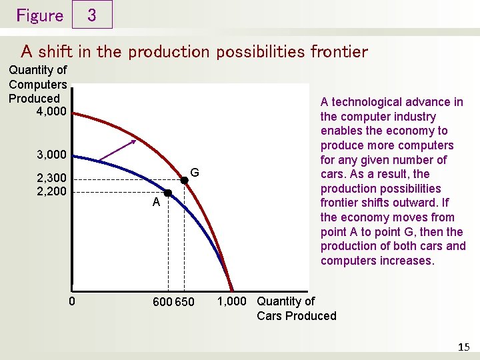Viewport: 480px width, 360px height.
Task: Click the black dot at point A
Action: tap(168, 193)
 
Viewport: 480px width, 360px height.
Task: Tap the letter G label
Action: tap(195, 173)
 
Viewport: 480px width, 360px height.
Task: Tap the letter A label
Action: tap(155, 203)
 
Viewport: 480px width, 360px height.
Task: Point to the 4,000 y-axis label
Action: tap(51, 111)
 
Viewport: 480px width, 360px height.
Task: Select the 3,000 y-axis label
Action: tap(51, 155)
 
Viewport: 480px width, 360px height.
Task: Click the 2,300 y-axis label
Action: tap(51, 179)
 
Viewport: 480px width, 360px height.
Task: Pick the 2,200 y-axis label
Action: tap(51, 191)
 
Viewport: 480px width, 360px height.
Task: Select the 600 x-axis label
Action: tap(162, 302)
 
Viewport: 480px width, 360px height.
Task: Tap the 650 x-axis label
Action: tap(185, 302)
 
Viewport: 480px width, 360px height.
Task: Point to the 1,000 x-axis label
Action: tap(232, 301)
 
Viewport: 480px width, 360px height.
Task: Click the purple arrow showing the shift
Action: tap(117, 151)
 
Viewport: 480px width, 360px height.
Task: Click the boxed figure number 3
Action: tap(91, 15)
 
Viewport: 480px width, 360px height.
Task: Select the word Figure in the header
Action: tap(39, 15)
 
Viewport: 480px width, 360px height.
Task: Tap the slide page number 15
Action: tap(464, 347)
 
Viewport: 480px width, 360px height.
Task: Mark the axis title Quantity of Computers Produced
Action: tap(38, 84)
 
